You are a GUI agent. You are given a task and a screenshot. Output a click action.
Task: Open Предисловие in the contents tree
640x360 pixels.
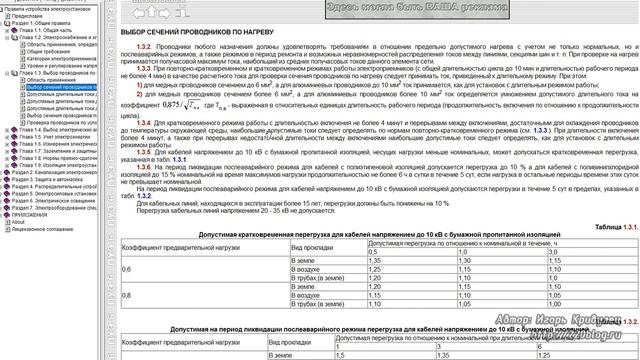pyautogui.click(x=31, y=16)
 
